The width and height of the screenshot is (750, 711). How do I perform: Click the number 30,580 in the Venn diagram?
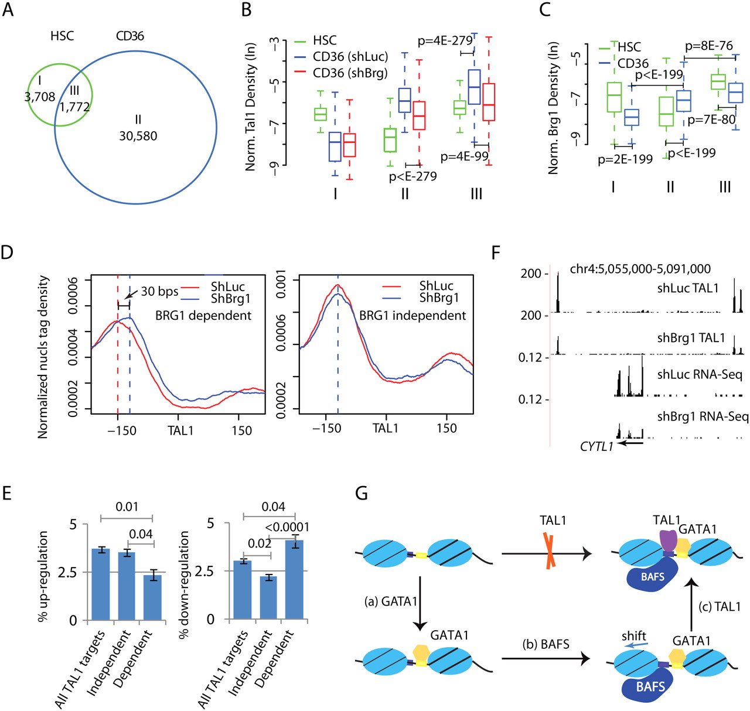pyautogui.click(x=138, y=136)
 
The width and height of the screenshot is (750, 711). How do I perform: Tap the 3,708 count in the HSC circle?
pyautogui.click(x=40, y=97)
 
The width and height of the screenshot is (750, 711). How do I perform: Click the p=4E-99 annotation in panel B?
pyautogui.click(x=464, y=157)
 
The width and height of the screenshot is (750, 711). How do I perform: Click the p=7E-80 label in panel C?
pyautogui.click(x=711, y=119)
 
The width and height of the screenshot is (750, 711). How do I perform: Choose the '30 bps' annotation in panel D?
pyautogui.click(x=159, y=292)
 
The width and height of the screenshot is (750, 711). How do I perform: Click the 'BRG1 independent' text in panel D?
pyautogui.click(x=412, y=316)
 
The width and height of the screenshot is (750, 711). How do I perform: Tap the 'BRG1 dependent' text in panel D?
pyautogui.click(x=203, y=316)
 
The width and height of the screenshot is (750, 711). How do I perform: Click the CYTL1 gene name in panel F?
pyautogui.click(x=596, y=447)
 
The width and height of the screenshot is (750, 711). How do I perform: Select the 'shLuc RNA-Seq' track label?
pyautogui.click(x=700, y=375)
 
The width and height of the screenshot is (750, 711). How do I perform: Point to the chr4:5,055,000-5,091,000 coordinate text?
pyautogui.click(x=640, y=269)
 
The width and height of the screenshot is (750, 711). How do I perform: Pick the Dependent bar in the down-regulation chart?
pyautogui.click(x=294, y=580)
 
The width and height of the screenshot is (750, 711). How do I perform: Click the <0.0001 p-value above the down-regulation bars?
pyautogui.click(x=287, y=527)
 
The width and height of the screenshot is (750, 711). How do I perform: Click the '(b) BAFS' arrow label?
pyautogui.click(x=546, y=645)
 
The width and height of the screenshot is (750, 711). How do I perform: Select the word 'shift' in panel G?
pyautogui.click(x=634, y=636)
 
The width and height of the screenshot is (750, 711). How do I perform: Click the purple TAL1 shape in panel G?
pyautogui.click(x=668, y=539)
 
